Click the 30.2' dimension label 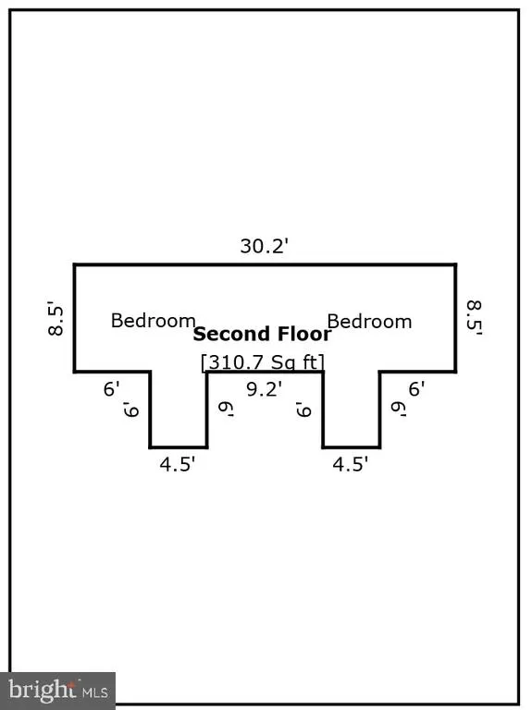click(x=265, y=246)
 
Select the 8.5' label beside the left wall click(x=56, y=319)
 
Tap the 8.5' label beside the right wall click(x=474, y=318)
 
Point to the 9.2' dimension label click(x=265, y=389)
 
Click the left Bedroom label click(x=154, y=321)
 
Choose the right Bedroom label click(x=369, y=322)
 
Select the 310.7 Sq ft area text click(x=263, y=362)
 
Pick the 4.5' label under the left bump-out click(x=178, y=464)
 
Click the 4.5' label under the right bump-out click(x=351, y=464)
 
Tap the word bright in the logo click(x=43, y=690)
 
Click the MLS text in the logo click(x=94, y=692)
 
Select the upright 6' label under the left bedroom click(x=111, y=389)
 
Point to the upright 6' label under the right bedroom click(x=416, y=389)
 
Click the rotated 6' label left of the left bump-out click(x=131, y=410)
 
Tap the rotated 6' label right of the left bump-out click(x=226, y=410)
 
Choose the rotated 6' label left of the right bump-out click(x=303, y=410)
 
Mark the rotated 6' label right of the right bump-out click(x=399, y=410)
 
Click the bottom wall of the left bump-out click(x=179, y=447)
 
